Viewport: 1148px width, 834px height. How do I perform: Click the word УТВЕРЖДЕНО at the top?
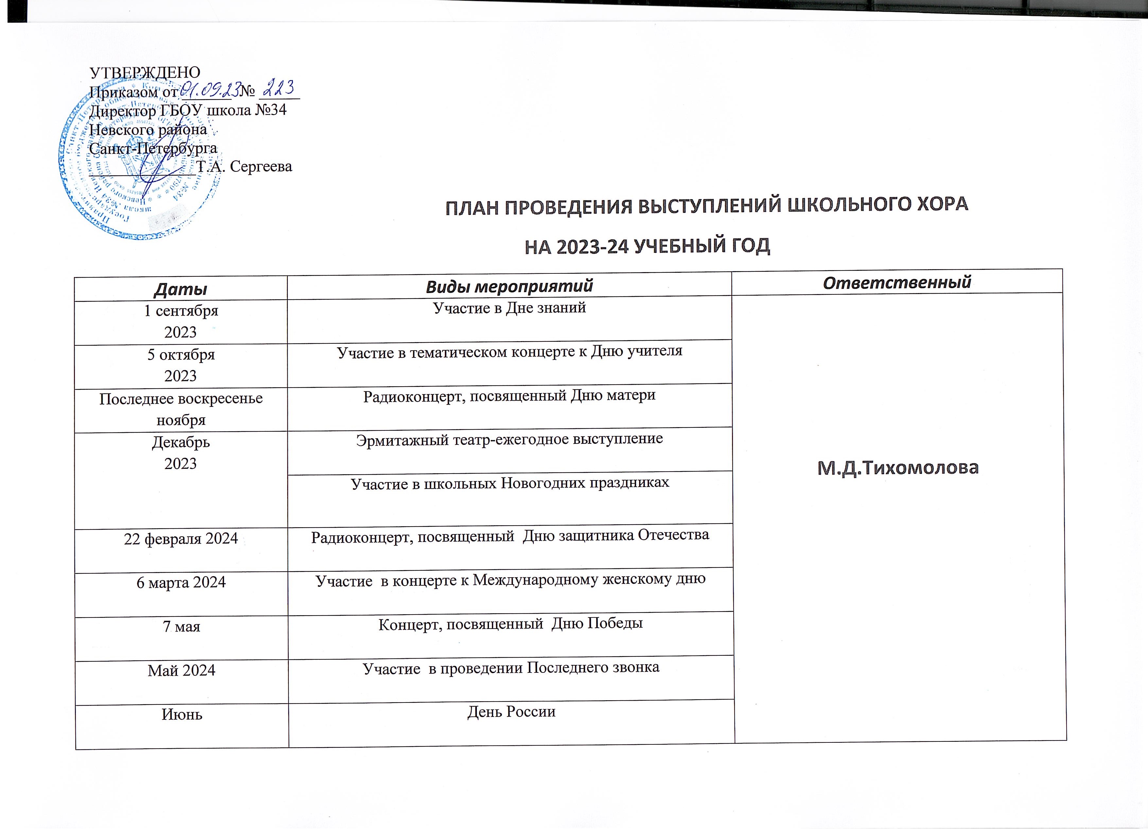(x=145, y=73)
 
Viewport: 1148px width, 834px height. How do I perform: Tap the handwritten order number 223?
(x=278, y=89)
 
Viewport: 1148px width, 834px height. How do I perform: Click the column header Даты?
(x=180, y=289)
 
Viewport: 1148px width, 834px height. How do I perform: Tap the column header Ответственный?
(x=896, y=282)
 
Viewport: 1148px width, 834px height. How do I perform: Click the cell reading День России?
(x=511, y=712)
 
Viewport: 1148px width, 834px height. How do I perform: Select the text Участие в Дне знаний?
(x=509, y=308)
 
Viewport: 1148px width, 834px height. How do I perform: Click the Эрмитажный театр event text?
(x=509, y=439)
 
